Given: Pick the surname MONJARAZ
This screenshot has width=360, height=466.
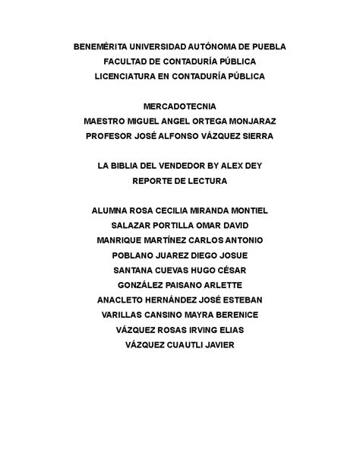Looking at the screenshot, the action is click(247, 121).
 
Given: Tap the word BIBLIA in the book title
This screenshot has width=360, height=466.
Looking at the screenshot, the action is click(133, 166).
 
